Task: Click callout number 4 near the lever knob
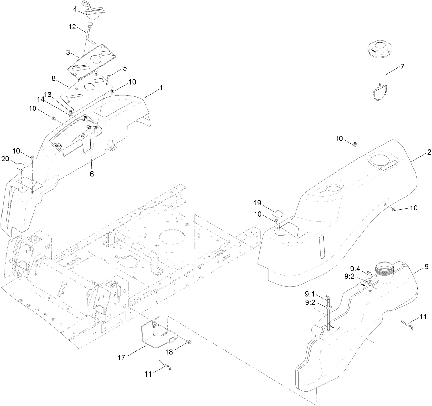pyautogui.click(x=75, y=9)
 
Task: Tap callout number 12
pyautogui.click(x=72, y=27)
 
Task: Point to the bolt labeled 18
pyautogui.click(x=189, y=341)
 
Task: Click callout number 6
pyautogui.click(x=92, y=174)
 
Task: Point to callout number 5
pyautogui.click(x=125, y=68)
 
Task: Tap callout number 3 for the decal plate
pyautogui.click(x=68, y=52)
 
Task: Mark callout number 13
pyautogui.click(x=48, y=94)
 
